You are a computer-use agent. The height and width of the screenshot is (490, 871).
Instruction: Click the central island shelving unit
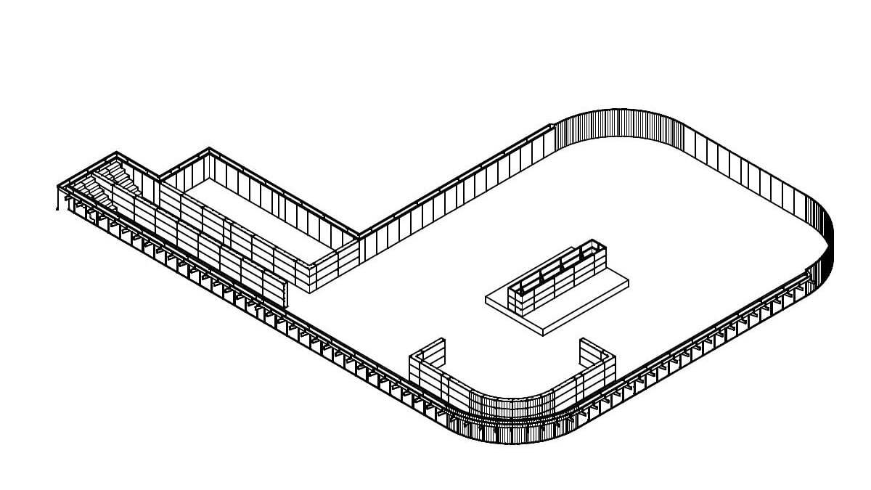click(x=555, y=279)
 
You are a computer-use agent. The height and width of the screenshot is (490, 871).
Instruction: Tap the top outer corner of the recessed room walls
click(x=209, y=150)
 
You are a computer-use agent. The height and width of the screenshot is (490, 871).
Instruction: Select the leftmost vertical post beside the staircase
click(x=58, y=196)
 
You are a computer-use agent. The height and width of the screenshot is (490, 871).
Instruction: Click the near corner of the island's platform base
click(x=543, y=332)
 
